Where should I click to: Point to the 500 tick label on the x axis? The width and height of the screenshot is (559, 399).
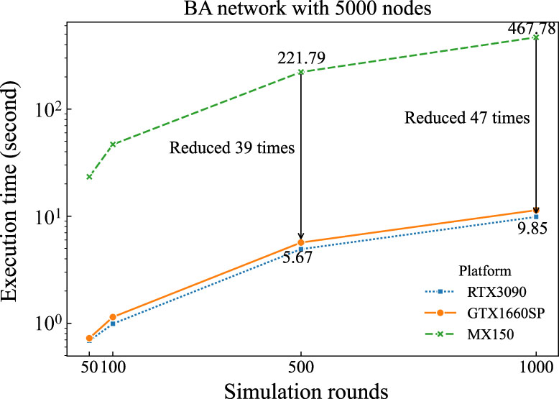click(300, 366)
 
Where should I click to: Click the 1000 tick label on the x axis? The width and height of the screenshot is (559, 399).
click(536, 366)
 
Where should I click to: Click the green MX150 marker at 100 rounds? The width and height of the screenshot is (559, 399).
click(113, 144)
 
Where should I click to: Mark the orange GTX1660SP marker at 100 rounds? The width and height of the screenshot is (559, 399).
click(113, 317)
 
